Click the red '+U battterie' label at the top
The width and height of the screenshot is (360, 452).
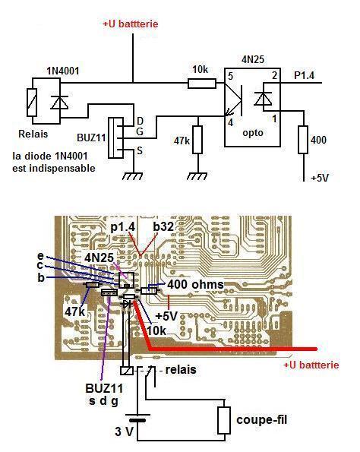[x=131, y=24]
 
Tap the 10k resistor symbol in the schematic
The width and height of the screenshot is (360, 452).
[x=202, y=84]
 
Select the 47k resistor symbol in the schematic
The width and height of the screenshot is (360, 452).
[x=197, y=140]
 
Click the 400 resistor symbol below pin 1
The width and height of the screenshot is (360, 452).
[x=303, y=140]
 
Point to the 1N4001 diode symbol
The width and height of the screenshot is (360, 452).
[x=59, y=103]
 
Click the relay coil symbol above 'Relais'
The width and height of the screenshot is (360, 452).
[x=32, y=103]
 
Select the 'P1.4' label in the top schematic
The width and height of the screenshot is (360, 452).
[x=304, y=75]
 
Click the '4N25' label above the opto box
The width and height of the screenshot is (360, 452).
[x=252, y=60]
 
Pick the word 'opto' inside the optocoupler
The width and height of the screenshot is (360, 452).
[x=253, y=133]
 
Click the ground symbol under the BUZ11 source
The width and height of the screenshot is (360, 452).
[x=132, y=176]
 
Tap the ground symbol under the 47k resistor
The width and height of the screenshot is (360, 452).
[x=197, y=176]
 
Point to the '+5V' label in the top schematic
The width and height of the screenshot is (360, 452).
[x=320, y=178]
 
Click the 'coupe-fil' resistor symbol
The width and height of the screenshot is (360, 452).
[x=224, y=420]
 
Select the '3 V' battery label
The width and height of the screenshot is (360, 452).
[x=125, y=431]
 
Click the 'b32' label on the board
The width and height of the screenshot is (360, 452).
[x=163, y=227]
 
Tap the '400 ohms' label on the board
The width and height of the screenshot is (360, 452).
[x=195, y=285]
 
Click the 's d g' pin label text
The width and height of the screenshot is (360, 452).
[x=103, y=400]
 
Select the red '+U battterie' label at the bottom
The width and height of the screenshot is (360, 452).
[x=311, y=365]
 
